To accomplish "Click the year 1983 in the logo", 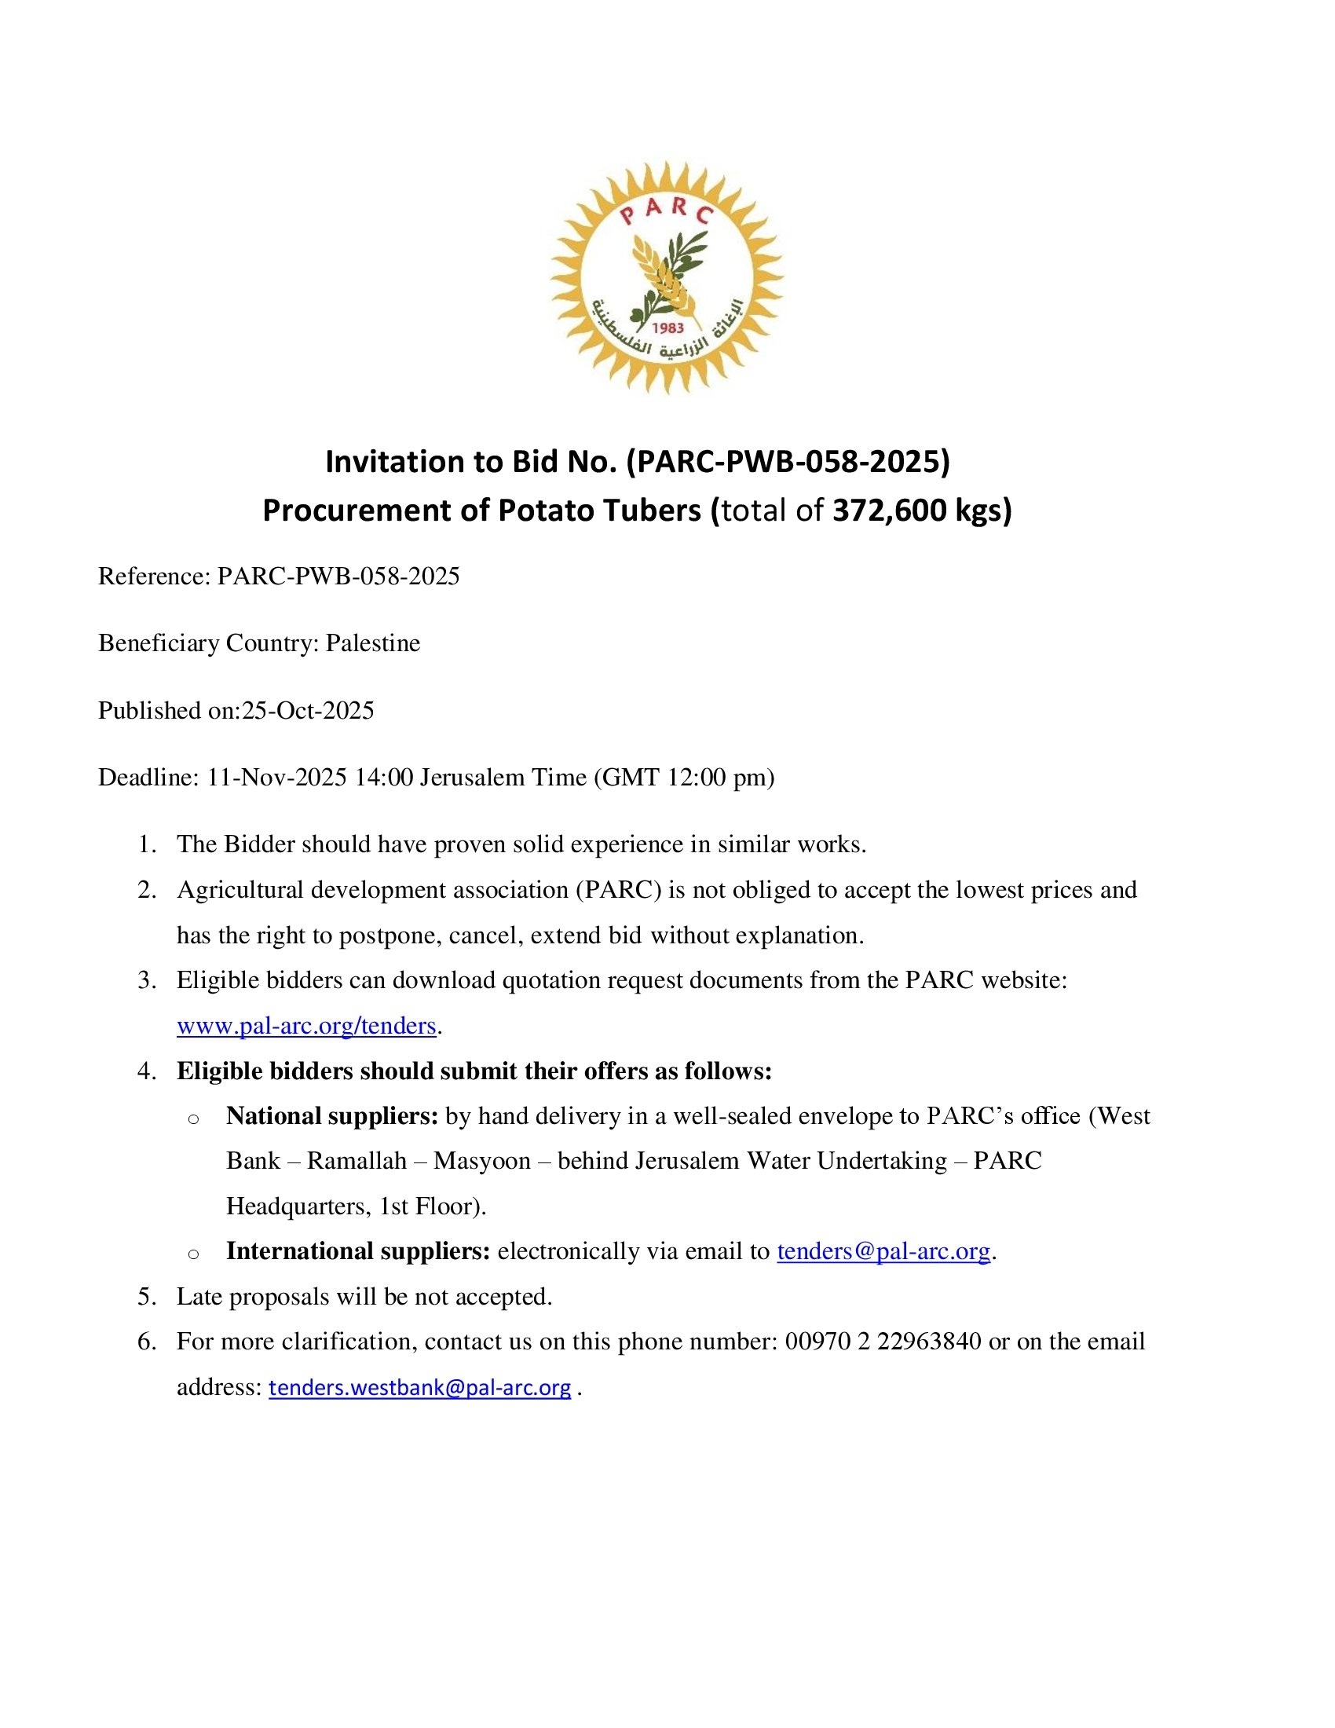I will point(666,328).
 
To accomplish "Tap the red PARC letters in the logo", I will point(667,211).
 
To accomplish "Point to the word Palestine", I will point(372,643).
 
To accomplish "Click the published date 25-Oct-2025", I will point(308,711).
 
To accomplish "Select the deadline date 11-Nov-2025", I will point(276,778).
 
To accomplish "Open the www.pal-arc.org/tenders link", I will point(306,1027).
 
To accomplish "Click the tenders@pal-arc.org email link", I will point(883,1252).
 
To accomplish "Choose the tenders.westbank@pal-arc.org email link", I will point(419,1388).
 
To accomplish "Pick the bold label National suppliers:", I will point(332,1116).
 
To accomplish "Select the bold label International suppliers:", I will point(358,1252).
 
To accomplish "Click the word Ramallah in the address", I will point(357,1162).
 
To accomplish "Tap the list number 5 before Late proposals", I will point(145,1297).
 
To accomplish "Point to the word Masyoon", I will point(482,1162).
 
